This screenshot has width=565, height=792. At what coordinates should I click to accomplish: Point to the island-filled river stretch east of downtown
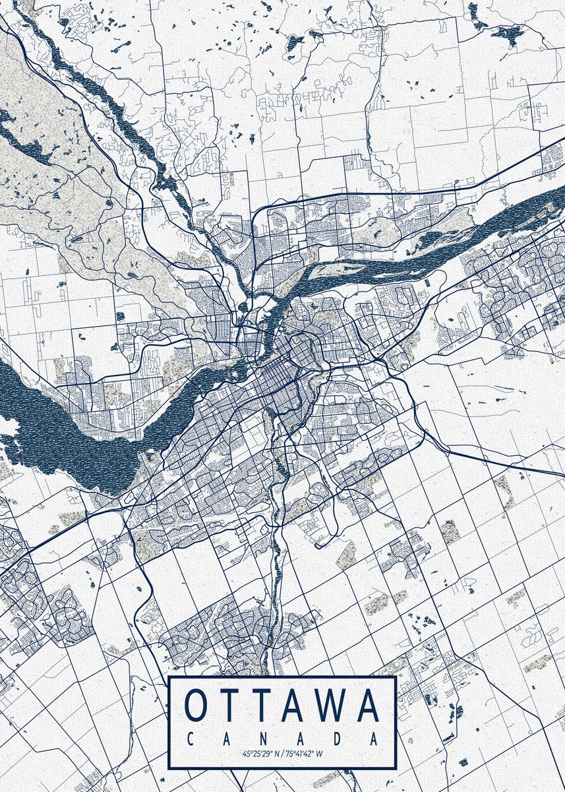tap(409, 257)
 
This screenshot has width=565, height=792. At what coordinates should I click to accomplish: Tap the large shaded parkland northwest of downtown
tap(53, 172)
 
